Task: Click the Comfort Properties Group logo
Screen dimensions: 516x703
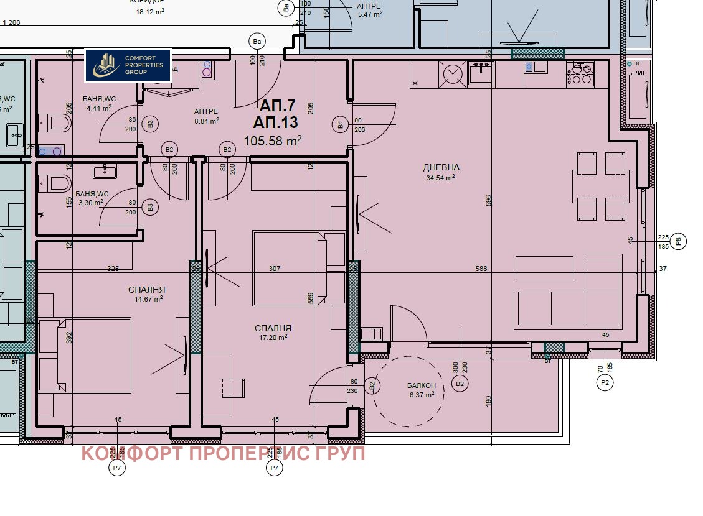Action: coord(128,65)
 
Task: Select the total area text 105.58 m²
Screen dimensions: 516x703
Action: coord(272,141)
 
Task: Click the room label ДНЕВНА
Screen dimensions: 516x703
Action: coord(441,167)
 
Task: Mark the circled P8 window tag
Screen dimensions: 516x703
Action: coord(679,241)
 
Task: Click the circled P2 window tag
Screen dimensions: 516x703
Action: coord(603,384)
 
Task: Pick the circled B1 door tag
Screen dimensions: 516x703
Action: coord(341,125)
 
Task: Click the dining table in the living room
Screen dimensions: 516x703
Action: coord(601,186)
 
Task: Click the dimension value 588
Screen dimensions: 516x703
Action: coord(481,269)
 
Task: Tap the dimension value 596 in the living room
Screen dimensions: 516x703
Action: coord(489,200)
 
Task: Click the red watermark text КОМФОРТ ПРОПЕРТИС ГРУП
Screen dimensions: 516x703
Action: coord(223,454)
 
